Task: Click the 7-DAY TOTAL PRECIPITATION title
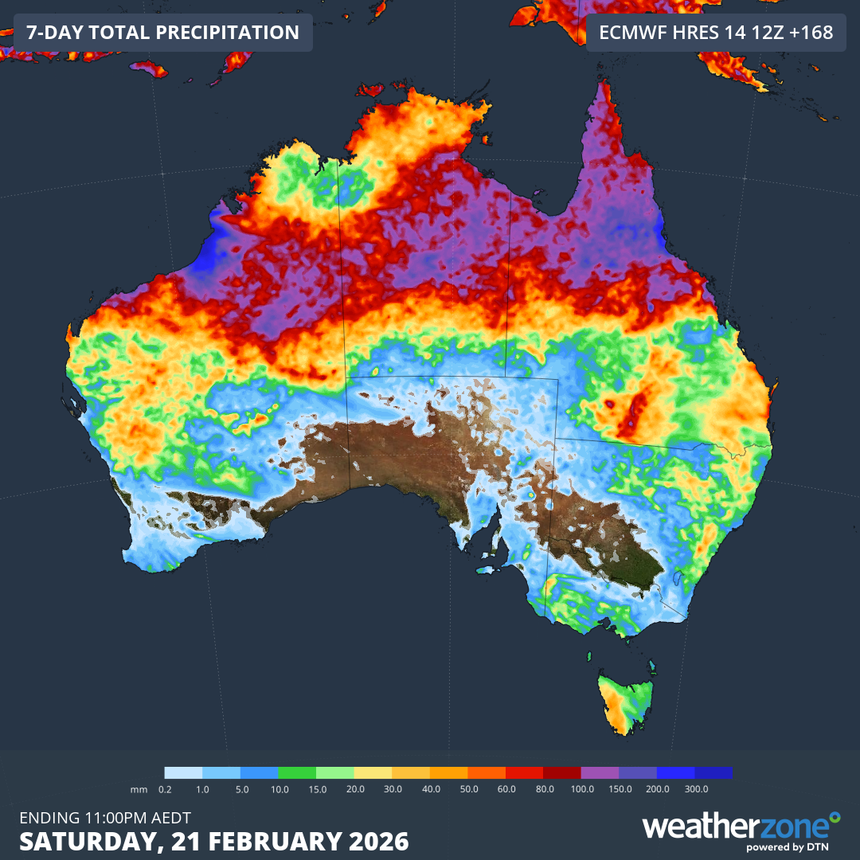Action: (x=162, y=33)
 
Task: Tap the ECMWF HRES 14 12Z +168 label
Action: (x=715, y=33)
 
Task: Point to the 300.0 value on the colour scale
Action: (x=695, y=788)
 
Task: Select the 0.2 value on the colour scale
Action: (x=165, y=788)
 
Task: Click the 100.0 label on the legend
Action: (x=581, y=788)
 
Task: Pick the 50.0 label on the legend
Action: (x=468, y=788)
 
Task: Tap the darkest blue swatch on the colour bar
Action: (x=713, y=772)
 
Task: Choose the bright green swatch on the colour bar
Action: (x=297, y=772)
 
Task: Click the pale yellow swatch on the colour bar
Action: (x=373, y=772)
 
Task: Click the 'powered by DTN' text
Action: (x=790, y=847)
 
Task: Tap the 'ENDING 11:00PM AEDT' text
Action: (x=104, y=817)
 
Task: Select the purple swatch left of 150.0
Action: (x=600, y=772)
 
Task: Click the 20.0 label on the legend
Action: (x=355, y=788)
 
